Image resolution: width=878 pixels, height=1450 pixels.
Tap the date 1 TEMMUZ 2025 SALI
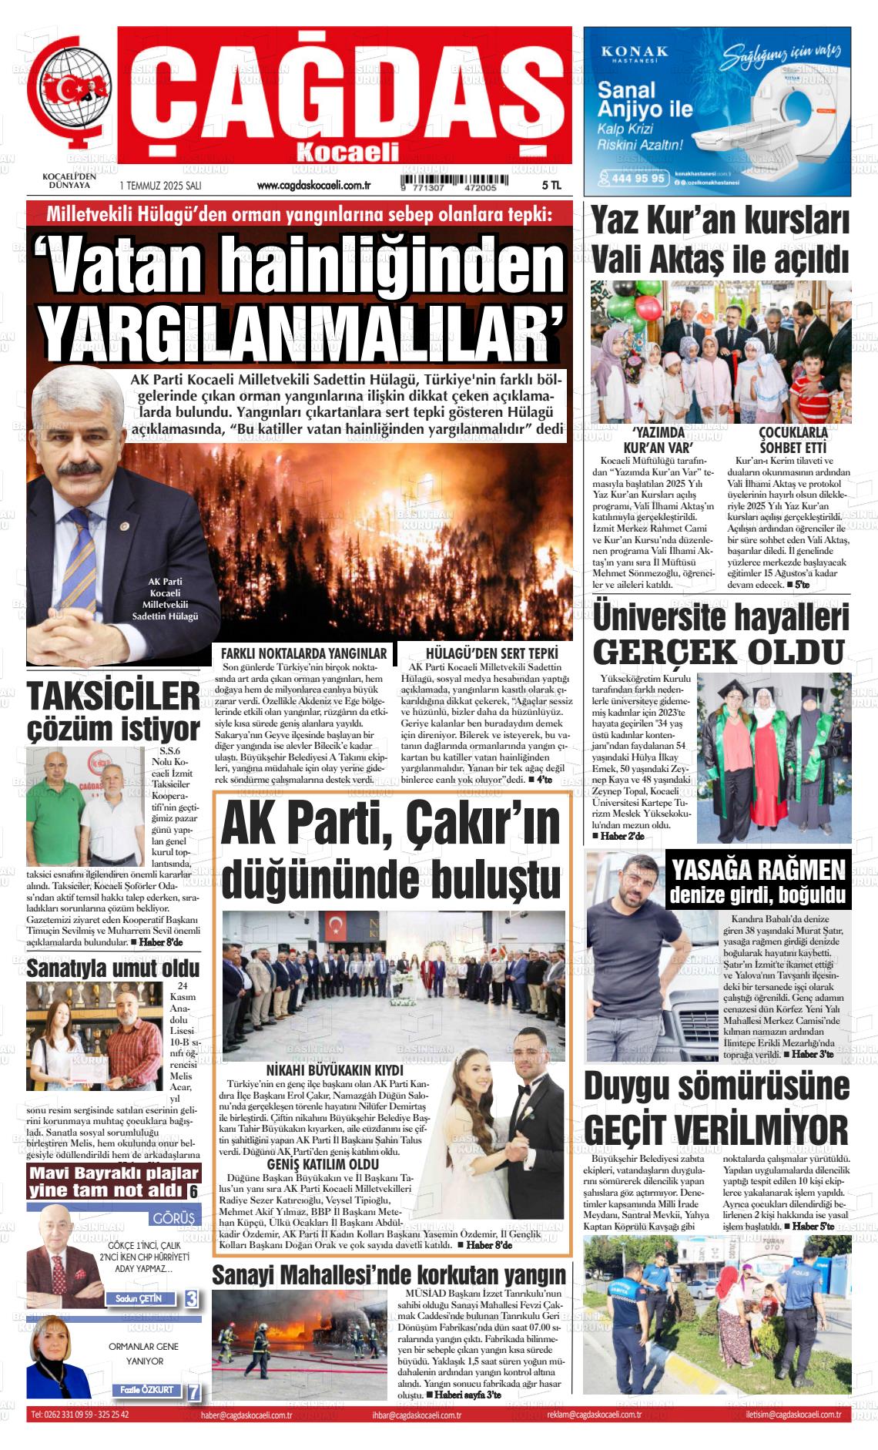(160, 186)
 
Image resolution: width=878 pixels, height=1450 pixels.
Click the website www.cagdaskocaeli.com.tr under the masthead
(313, 186)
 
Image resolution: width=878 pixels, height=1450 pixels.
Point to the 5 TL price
(551, 186)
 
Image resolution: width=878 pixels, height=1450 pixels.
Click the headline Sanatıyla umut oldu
(113, 968)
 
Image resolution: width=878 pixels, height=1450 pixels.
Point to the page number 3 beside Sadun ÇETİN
(192, 1298)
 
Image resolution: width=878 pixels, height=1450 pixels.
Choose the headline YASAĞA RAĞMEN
(759, 871)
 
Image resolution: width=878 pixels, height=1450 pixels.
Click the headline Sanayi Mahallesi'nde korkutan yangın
(389, 1275)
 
